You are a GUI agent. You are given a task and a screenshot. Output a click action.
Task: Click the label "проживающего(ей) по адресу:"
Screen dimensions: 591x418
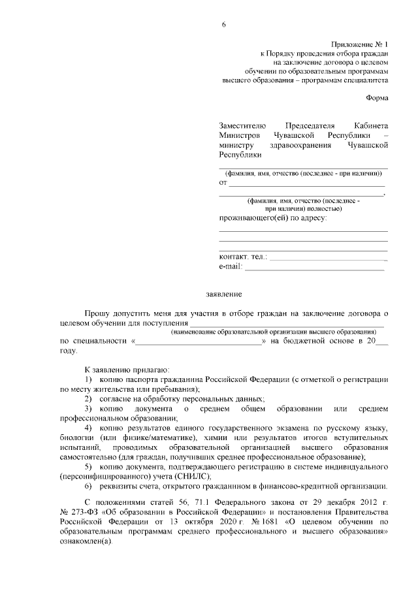pos(273,217)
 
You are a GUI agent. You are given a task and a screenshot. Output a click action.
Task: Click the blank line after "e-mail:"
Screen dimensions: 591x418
pos(314,268)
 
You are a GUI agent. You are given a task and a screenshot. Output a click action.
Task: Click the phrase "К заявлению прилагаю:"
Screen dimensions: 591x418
pos(114,370)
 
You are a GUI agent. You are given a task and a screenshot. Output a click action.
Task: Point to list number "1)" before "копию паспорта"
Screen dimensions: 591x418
pos(89,379)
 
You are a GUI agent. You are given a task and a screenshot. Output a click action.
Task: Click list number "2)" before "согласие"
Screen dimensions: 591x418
pos(89,398)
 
